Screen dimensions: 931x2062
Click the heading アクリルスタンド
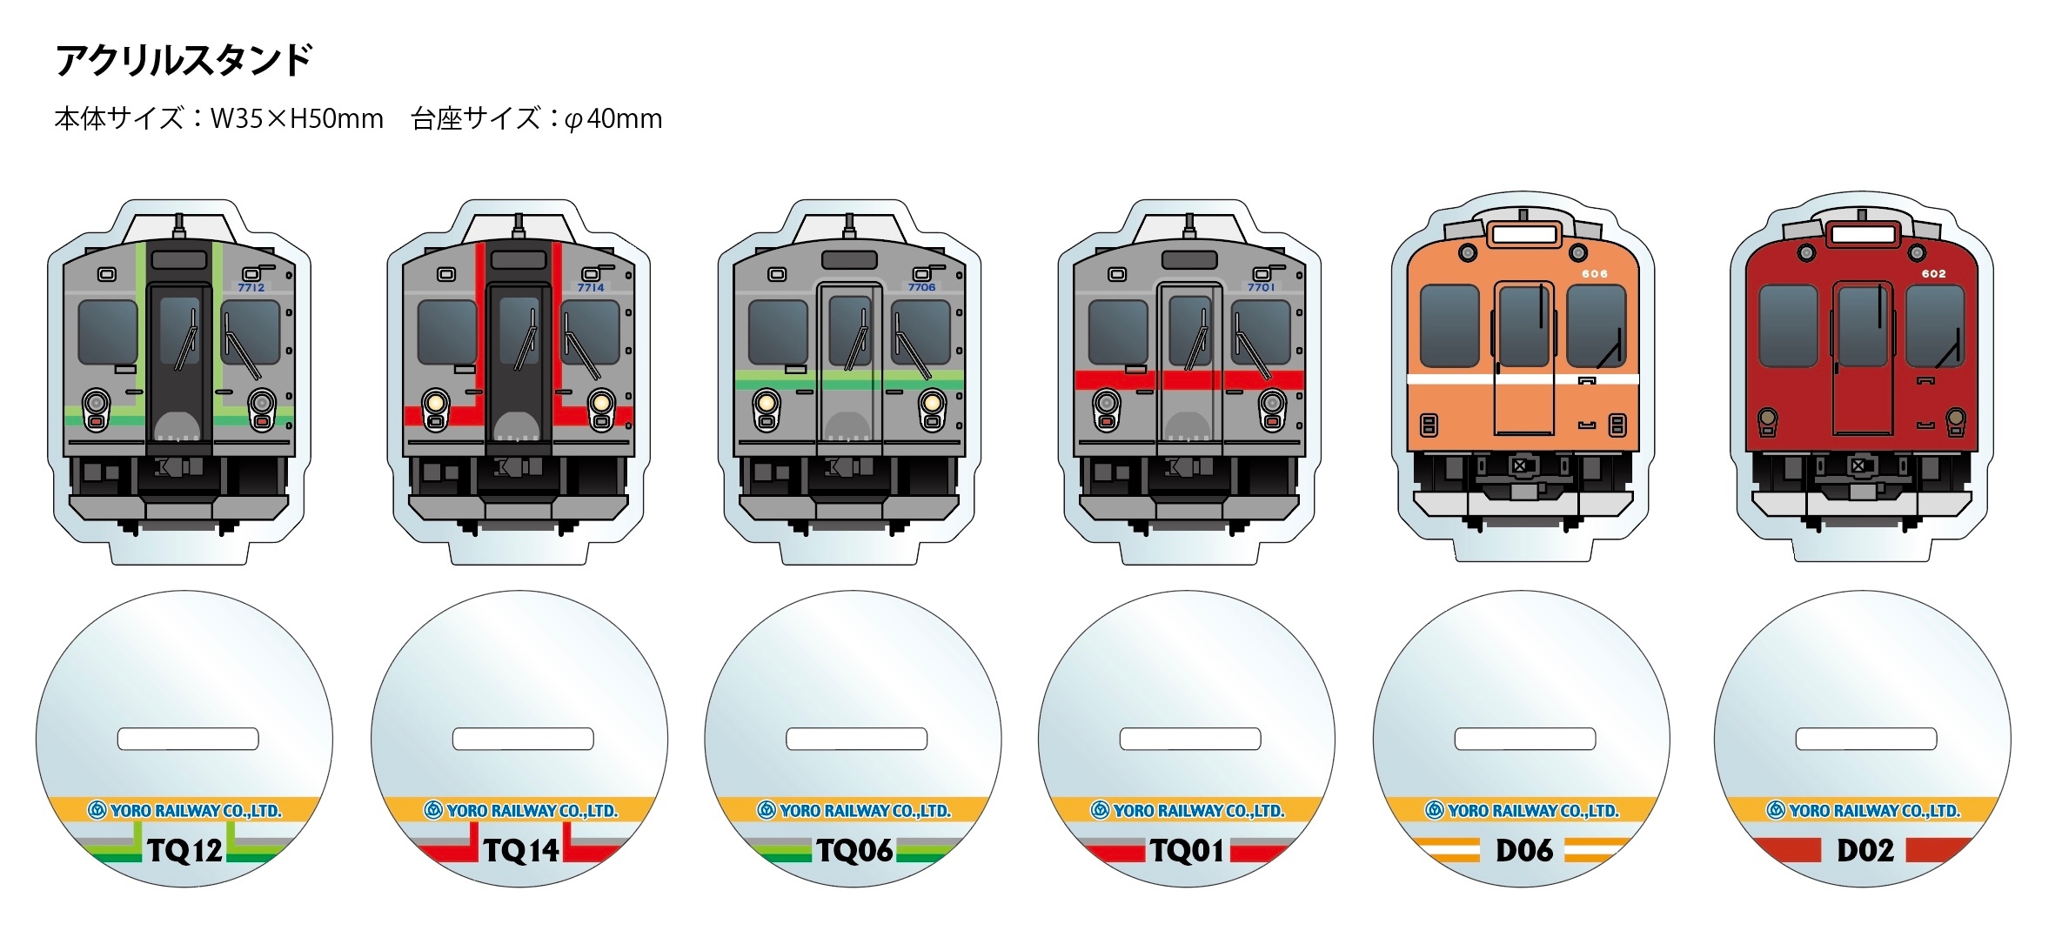pyautogui.click(x=184, y=61)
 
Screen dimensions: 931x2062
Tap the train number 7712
pyautogui.click(x=251, y=287)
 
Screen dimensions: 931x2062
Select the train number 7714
pyautogui.click(x=591, y=287)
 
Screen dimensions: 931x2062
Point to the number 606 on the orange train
pyautogui.click(x=1595, y=274)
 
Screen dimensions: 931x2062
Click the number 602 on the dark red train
pyautogui.click(x=1933, y=274)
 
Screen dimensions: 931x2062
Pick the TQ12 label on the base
pyautogui.click(x=184, y=850)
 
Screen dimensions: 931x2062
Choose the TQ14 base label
pyautogui.click(x=520, y=850)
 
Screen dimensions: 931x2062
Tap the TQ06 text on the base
pyautogui.click(x=854, y=850)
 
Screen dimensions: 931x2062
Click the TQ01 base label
pyautogui.click(x=1187, y=850)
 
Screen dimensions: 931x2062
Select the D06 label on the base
pyautogui.click(x=1523, y=850)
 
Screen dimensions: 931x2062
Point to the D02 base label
pyautogui.click(x=1865, y=850)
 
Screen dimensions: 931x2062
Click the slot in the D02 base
pyautogui.click(x=1865, y=739)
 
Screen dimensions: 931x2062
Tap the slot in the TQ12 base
pyautogui.click(x=188, y=739)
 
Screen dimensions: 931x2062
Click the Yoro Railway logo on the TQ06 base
pyautogui.click(x=766, y=811)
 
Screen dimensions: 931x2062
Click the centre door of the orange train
pyautogui.click(x=1523, y=357)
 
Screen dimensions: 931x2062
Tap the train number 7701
pyautogui.click(x=1261, y=287)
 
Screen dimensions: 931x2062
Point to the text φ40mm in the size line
pyautogui.click(x=613, y=118)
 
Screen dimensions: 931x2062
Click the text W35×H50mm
pyautogui.click(x=297, y=118)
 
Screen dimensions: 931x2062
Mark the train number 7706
pyautogui.click(x=921, y=287)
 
